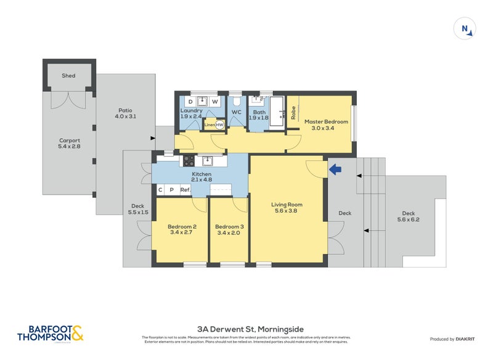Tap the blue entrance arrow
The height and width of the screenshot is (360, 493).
click(x=334, y=168)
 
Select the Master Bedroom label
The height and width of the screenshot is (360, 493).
click(x=326, y=122)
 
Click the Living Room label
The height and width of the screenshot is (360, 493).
click(x=287, y=205)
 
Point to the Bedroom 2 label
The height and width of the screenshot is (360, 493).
click(x=182, y=227)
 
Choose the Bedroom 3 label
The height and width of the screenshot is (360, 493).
click(x=229, y=227)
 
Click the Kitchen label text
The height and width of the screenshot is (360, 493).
click(x=202, y=174)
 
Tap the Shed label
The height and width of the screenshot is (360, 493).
click(x=68, y=76)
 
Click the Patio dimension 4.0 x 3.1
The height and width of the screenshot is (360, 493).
click(x=126, y=117)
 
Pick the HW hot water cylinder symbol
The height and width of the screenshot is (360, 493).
click(x=219, y=125)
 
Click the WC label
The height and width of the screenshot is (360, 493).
click(x=236, y=112)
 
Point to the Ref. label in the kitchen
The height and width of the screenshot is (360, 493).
click(x=185, y=190)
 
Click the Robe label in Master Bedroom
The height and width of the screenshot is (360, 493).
click(x=294, y=113)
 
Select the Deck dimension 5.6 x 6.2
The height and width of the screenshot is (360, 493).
click(x=410, y=219)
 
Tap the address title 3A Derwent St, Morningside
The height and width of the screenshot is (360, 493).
click(x=246, y=329)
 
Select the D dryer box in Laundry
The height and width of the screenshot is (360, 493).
click(x=190, y=101)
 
